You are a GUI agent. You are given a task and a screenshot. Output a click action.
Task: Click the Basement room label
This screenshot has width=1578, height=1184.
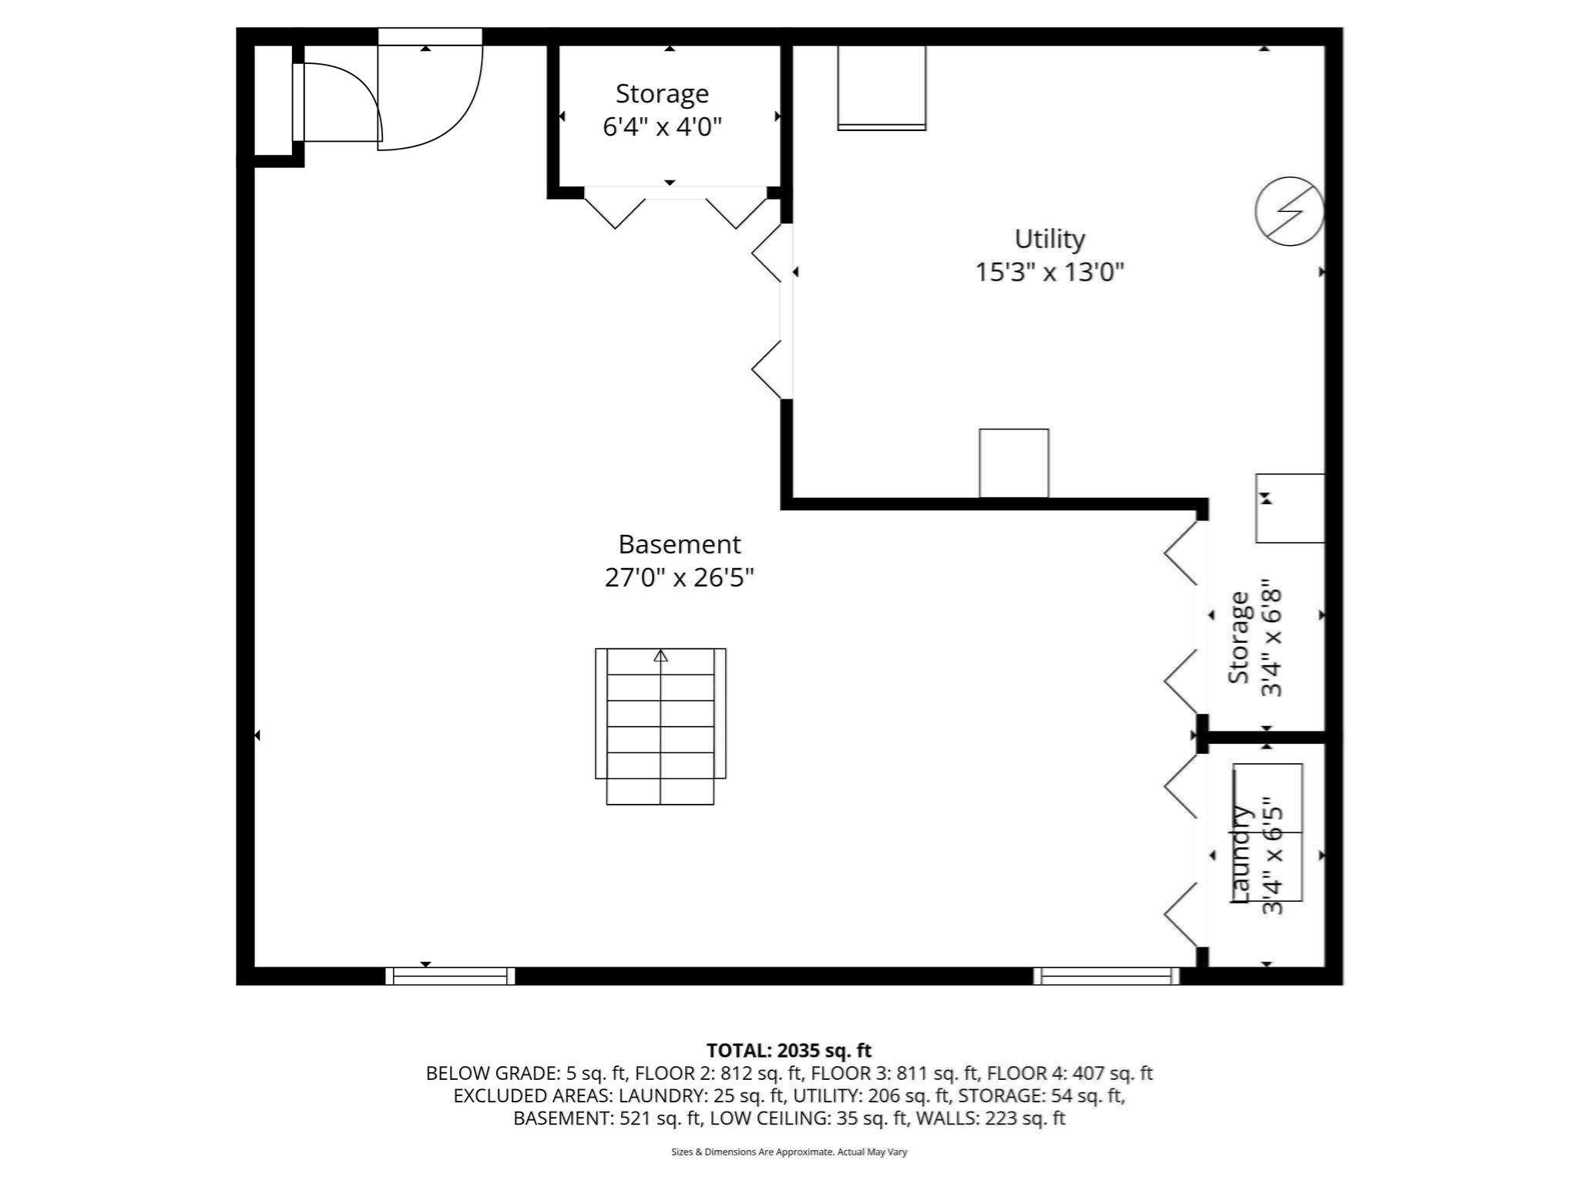679,544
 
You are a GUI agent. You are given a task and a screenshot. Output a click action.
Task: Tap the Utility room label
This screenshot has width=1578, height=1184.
1049,239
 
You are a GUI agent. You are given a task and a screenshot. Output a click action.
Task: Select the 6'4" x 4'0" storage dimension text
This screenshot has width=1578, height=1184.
662,126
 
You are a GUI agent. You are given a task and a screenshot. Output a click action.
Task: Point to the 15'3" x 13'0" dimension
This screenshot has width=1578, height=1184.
1049,272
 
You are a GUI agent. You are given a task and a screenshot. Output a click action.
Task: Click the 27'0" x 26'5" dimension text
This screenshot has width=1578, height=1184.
679,577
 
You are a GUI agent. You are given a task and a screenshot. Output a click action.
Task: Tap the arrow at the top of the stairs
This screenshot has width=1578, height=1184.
660,657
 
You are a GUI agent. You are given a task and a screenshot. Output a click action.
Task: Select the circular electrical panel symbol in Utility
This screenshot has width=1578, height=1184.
1289,211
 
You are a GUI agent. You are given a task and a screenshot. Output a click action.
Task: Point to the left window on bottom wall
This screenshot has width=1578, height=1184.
450,976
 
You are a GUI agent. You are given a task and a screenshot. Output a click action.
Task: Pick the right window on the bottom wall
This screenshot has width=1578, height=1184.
1106,976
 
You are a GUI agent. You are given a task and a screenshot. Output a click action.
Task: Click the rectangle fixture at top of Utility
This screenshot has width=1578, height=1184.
881,87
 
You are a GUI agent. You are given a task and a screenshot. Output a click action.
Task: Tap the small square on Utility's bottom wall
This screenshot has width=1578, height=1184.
1013,462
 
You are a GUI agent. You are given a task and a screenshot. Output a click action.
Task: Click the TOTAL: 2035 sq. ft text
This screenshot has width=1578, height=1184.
788,1050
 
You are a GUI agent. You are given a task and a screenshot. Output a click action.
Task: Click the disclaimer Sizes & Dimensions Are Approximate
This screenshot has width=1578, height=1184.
788,1152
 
